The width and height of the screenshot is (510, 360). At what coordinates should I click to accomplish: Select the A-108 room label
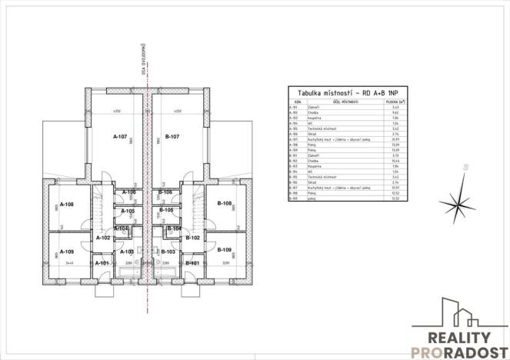click(67, 205)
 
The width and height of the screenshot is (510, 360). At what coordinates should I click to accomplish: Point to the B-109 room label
click(225, 250)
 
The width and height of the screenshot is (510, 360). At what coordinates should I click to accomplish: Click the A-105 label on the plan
click(129, 211)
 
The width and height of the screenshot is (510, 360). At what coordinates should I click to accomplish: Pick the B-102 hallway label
click(194, 238)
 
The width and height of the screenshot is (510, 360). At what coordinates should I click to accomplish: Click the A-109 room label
click(68, 252)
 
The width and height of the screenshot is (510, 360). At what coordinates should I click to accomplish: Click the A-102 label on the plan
click(104, 238)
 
